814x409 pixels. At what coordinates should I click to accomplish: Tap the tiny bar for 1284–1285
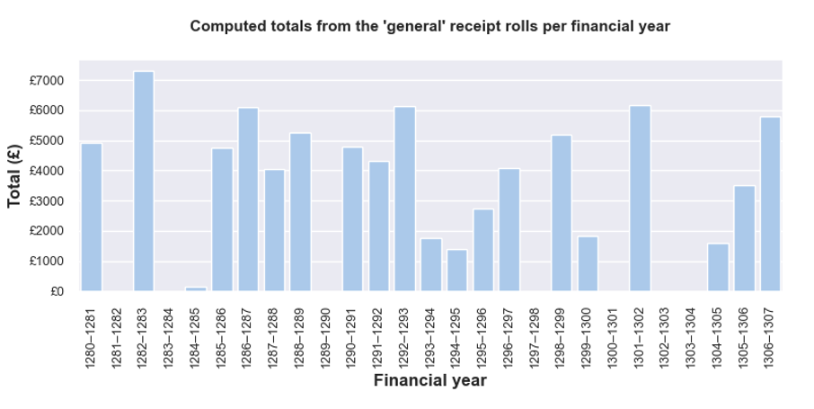pyautogui.click(x=196, y=289)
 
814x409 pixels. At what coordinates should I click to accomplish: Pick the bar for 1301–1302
pyautogui.click(x=640, y=199)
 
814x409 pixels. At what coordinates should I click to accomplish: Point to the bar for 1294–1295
pyautogui.click(x=456, y=271)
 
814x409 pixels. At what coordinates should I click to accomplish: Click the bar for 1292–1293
pyautogui.click(x=404, y=199)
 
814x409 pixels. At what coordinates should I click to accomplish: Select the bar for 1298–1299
pyautogui.click(x=562, y=213)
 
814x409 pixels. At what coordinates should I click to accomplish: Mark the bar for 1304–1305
pyautogui.click(x=718, y=267)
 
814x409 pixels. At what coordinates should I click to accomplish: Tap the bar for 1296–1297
pyautogui.click(x=509, y=230)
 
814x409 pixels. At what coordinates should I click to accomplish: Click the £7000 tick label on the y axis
pyautogui.click(x=47, y=81)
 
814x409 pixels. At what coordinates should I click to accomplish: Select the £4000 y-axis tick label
pyautogui.click(x=47, y=171)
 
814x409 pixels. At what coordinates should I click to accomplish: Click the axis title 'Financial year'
pyautogui.click(x=429, y=381)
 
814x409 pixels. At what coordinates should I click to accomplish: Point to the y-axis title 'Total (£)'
pyautogui.click(x=15, y=177)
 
